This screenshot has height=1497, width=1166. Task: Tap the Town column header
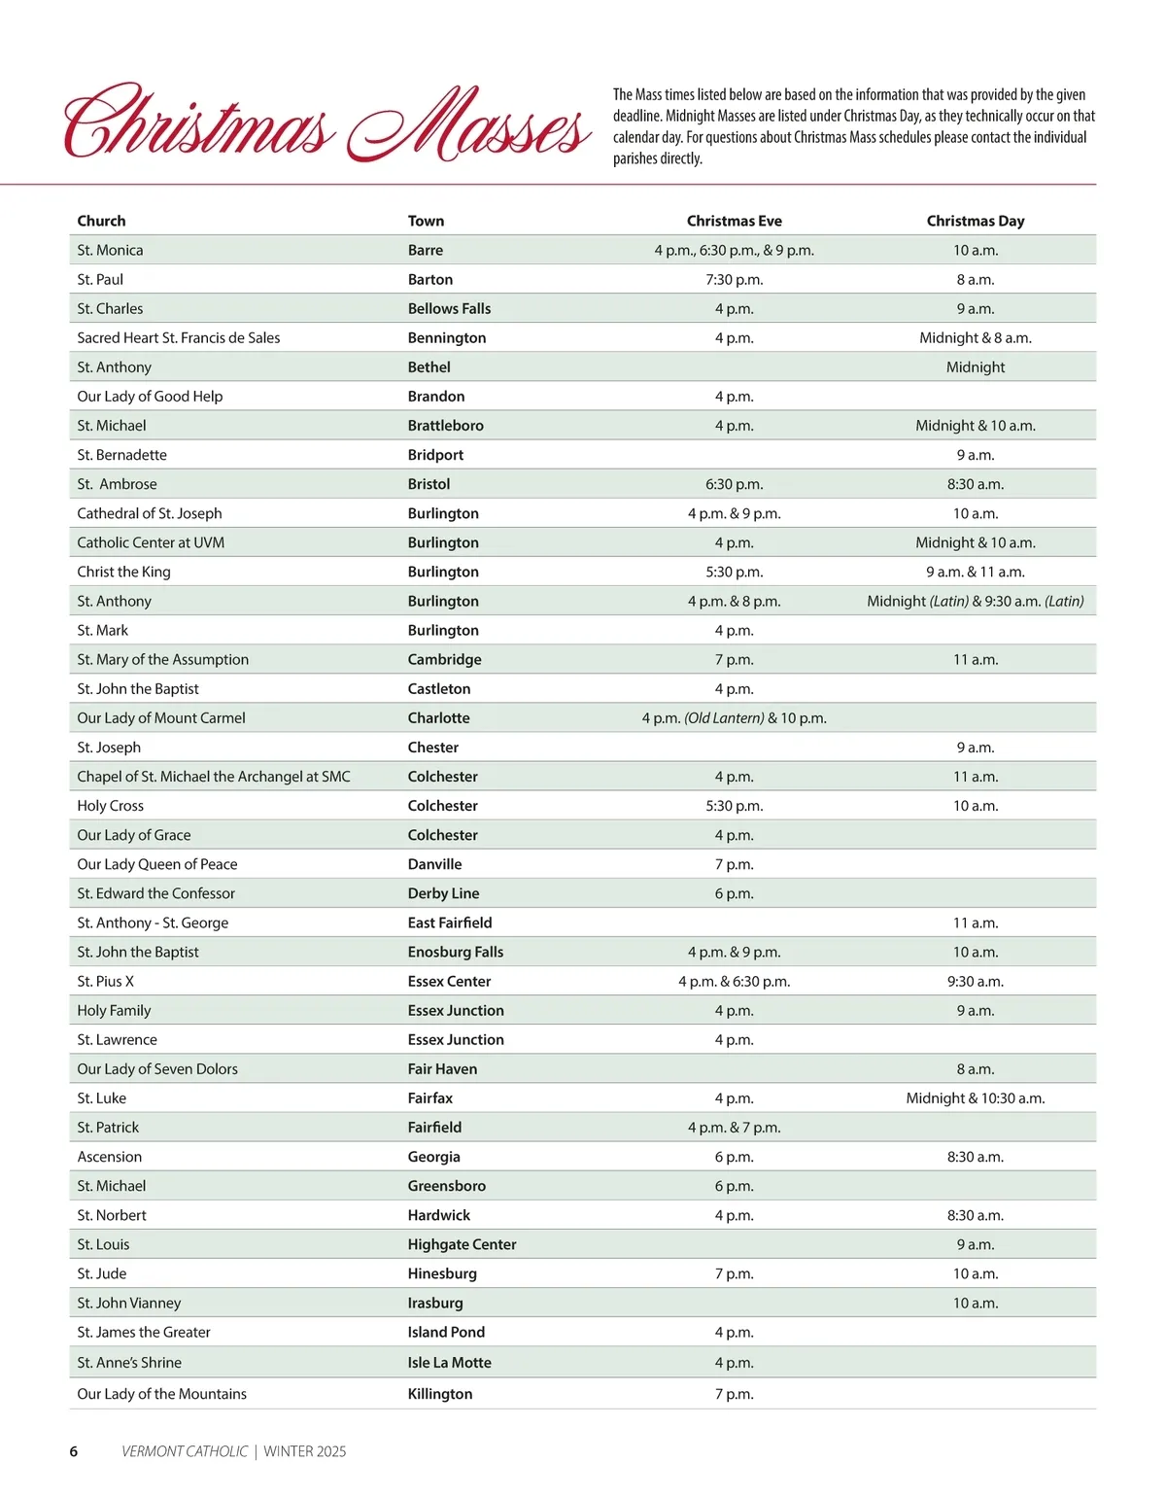pyautogui.click(x=426, y=221)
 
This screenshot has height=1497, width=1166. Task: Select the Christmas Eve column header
pyautogui.click(x=734, y=221)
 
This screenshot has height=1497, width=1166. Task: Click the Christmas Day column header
pyautogui.click(x=975, y=221)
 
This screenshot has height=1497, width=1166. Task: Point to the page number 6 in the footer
pyautogui.click(x=74, y=1451)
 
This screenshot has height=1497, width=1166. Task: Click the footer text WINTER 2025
pyautogui.click(x=304, y=1451)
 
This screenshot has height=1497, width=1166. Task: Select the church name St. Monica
pyautogui.click(x=110, y=250)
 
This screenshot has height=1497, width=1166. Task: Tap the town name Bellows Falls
pyautogui.click(x=449, y=308)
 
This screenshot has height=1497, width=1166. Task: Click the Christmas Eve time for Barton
pyautogui.click(x=734, y=279)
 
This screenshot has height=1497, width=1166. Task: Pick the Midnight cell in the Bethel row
pyautogui.click(x=975, y=366)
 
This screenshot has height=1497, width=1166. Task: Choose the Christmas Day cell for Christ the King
pyautogui.click(x=975, y=572)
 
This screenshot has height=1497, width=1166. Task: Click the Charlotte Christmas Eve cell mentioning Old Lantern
pyautogui.click(x=734, y=717)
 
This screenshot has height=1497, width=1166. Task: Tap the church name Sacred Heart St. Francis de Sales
pyautogui.click(x=179, y=337)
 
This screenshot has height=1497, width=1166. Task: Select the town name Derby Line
pyautogui.click(x=443, y=893)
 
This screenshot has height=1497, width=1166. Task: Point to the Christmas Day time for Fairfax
pyautogui.click(x=975, y=1097)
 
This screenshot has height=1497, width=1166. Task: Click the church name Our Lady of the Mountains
pyautogui.click(x=161, y=1393)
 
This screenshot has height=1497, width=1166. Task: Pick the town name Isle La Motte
pyautogui.click(x=449, y=1362)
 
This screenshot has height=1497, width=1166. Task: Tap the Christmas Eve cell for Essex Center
pyautogui.click(x=734, y=981)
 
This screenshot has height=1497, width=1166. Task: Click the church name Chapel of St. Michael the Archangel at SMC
pyautogui.click(x=214, y=776)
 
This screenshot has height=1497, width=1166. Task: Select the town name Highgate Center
pyautogui.click(x=462, y=1244)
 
